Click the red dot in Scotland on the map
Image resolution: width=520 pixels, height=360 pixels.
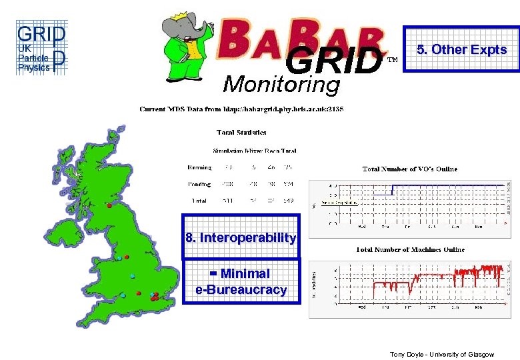[109, 206]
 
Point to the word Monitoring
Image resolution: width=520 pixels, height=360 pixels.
[281, 85]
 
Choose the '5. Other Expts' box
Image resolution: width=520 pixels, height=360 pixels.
[461, 49]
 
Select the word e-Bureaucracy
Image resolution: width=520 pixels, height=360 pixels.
[241, 290]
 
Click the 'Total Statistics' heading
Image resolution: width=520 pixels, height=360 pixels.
[242, 133]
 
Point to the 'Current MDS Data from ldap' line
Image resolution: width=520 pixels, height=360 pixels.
[241, 109]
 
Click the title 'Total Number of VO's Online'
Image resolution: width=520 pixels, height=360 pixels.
[410, 169]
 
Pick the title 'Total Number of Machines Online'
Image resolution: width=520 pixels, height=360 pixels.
[410, 249]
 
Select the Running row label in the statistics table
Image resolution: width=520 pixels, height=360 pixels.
[199, 167]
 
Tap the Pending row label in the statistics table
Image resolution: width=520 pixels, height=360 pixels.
[199, 184]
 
